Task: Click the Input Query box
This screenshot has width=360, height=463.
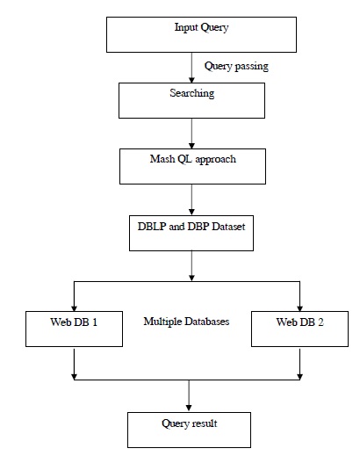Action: (x=201, y=34)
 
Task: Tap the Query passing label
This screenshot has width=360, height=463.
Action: (x=236, y=66)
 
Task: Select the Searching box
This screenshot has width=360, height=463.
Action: (x=191, y=100)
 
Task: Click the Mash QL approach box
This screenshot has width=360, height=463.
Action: (x=192, y=166)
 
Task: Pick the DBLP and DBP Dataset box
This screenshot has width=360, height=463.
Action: (x=191, y=233)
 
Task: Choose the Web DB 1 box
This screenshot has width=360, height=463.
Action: (x=74, y=329)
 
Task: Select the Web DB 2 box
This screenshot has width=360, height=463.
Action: (x=299, y=329)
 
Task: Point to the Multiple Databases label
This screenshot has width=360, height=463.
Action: (x=186, y=322)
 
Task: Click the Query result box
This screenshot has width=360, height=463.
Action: (x=189, y=430)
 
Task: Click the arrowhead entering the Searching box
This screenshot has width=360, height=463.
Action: (x=191, y=80)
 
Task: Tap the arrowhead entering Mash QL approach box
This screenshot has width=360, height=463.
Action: (x=191, y=146)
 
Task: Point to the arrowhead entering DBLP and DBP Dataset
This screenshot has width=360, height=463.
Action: (x=191, y=213)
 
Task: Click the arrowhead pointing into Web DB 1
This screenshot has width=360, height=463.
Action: (x=74, y=308)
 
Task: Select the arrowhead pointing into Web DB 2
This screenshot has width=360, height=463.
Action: (x=299, y=308)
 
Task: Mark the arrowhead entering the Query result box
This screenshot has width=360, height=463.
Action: (x=189, y=408)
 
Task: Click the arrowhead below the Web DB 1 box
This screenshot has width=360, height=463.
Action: (x=74, y=377)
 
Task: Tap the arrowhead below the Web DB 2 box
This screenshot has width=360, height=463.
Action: (x=299, y=377)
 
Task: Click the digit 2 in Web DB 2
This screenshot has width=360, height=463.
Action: (x=320, y=322)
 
